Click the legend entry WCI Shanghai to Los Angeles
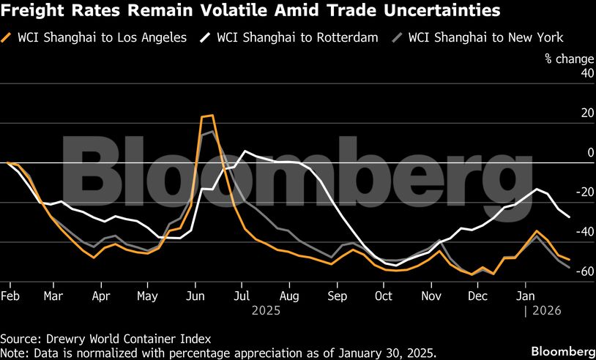(x=102, y=37)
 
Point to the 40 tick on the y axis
(x=567, y=73)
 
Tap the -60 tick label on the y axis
(x=564, y=271)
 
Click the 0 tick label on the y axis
(x=570, y=152)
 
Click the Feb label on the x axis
(x=10, y=296)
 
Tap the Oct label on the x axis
(x=384, y=296)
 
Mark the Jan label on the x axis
(x=524, y=296)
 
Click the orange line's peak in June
(x=208, y=116)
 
